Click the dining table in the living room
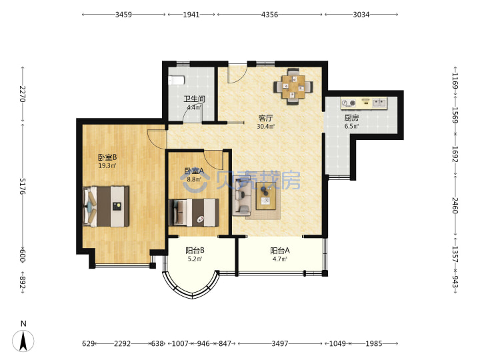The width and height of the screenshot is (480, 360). pos(293,87)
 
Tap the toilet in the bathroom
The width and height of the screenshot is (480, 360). pos(176,81)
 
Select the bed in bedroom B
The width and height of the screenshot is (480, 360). pos(105,206)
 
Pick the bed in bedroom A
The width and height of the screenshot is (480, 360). pos(194,213)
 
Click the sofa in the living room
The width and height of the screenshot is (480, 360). pos(242,197)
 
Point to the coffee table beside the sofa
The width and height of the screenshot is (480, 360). pos(266,196)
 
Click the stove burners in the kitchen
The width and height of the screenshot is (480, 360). pos(349,103)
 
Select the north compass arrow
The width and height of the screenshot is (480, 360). pos(23,341)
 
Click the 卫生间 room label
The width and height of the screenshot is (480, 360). pos(194,99)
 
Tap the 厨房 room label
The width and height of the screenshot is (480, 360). pos(351,117)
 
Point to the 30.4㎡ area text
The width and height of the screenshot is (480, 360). pos(266,126)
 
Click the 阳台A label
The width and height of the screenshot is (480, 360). pos(280,251)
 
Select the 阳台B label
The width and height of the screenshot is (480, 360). pos(195,251)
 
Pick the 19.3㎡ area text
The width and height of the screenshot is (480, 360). pos(107,165)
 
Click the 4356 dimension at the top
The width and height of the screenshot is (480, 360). pos(270,15)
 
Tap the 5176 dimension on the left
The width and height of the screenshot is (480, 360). pos(23,186)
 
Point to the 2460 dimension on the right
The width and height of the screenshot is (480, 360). pos(455,205)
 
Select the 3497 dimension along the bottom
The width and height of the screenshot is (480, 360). pos(280,343)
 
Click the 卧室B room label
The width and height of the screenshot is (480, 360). pos(107,157)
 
